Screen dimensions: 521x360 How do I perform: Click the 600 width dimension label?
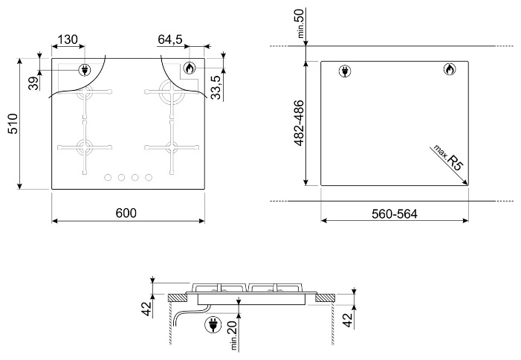pos(126,213)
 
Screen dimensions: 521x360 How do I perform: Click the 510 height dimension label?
pos(13,123)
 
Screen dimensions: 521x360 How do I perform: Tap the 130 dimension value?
pos(68,39)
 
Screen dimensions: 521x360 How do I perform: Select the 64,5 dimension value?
pos(170,39)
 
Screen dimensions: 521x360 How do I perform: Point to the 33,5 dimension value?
pos(216,88)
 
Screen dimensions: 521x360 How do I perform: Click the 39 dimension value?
pos(33,84)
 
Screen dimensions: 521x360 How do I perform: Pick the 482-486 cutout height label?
pos(299,123)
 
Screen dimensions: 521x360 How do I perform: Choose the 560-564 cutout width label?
pos(395,213)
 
